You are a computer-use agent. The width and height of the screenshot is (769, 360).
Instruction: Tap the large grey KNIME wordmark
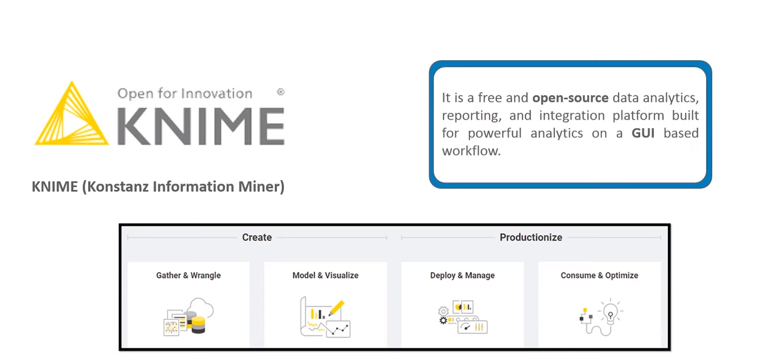[201, 126]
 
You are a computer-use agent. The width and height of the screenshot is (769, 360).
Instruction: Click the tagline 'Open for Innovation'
[185, 94]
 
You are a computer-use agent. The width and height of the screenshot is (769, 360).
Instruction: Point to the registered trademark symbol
[281, 92]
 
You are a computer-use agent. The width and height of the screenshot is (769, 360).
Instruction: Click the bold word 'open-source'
[570, 98]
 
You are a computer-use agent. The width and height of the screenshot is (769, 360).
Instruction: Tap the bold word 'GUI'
[643, 133]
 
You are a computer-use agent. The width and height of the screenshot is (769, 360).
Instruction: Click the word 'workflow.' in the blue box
[471, 151]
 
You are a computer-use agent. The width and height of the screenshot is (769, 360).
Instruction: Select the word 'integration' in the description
[572, 116]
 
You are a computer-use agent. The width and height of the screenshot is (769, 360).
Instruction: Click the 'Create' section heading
[257, 237]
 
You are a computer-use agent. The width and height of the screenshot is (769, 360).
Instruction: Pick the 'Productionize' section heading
[531, 237]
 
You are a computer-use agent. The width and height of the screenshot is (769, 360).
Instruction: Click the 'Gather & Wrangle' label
[188, 275]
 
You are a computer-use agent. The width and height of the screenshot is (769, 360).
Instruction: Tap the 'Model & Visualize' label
[325, 275]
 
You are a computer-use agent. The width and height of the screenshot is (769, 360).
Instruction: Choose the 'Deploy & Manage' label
[462, 276]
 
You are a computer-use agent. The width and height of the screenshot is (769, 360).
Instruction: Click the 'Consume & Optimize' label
[599, 276]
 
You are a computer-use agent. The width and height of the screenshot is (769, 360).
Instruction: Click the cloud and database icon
[188, 317]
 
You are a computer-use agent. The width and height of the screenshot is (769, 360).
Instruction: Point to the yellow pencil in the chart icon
[336, 308]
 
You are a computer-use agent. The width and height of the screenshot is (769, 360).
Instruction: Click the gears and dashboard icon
[463, 317]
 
